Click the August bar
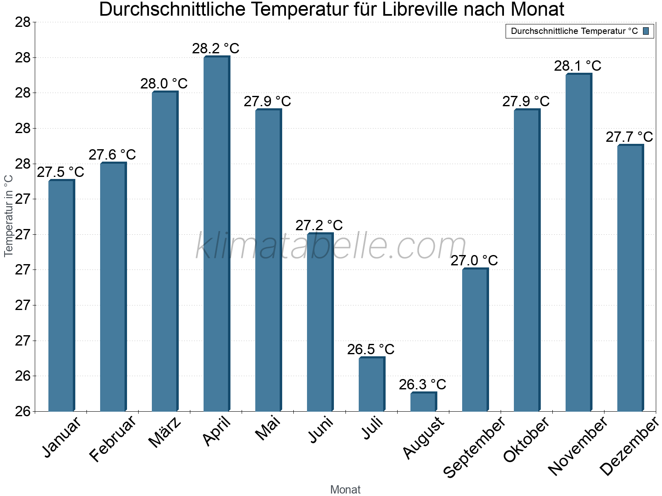tap(423, 402)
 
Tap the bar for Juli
tap(372, 384)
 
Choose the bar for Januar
tap(61, 296)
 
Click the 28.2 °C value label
tap(216, 48)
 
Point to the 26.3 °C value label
tap(422, 385)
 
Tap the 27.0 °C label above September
tap(474, 261)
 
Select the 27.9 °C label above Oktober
tap(526, 101)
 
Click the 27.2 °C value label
tap(319, 225)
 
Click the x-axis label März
tap(165, 432)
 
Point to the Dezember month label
tap(629, 446)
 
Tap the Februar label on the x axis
tap(113, 439)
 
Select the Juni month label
tap(321, 430)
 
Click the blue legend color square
tap(646, 31)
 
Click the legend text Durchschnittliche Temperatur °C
tap(574, 31)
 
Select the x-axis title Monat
tap(345, 490)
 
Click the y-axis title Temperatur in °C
tap(9, 216)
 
